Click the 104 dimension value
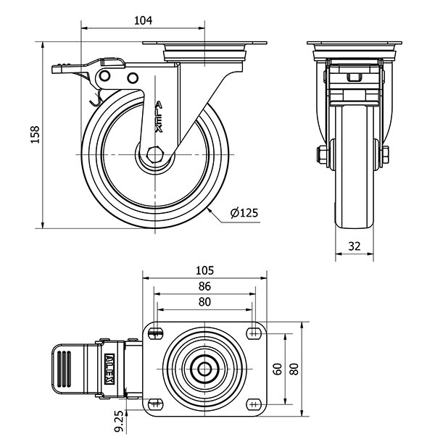click(x=143, y=22)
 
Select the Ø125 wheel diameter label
click(x=244, y=212)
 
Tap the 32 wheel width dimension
click(x=355, y=246)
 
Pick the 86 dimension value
click(x=204, y=287)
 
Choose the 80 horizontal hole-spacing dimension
click(x=204, y=303)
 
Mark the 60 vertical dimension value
click(x=277, y=369)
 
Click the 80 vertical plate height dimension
click(x=294, y=369)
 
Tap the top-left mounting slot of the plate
click(x=156, y=334)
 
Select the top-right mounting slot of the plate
click(x=254, y=334)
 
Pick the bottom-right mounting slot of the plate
click(x=254, y=404)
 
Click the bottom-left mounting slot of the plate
click(x=156, y=404)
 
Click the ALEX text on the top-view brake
click(x=108, y=368)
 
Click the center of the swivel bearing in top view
click(x=204, y=369)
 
